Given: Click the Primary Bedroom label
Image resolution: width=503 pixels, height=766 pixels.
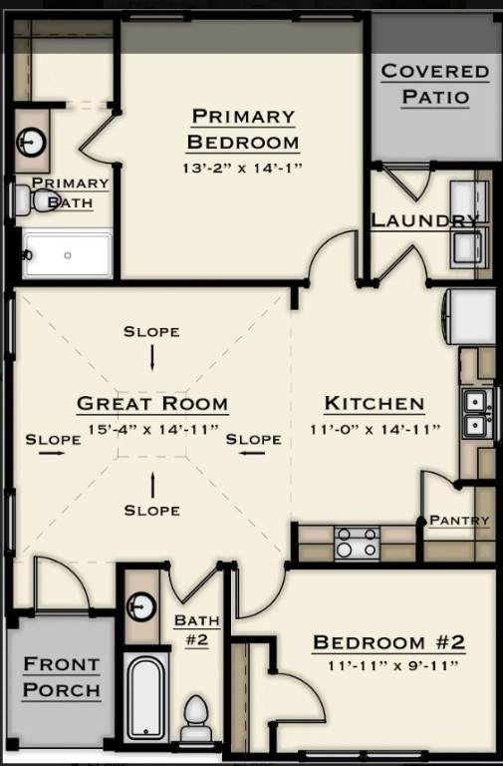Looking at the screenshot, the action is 242,129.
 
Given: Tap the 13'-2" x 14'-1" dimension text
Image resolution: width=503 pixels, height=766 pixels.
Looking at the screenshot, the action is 242,168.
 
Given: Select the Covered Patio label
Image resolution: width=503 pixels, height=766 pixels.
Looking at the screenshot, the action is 435,84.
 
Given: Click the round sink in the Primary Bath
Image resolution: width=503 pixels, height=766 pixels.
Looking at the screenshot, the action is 32,143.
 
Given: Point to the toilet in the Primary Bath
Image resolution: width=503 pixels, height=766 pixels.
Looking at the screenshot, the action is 35,199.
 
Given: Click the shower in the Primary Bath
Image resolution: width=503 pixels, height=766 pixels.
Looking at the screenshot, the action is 68,255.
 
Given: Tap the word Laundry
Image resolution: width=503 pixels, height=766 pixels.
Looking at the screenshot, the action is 424,220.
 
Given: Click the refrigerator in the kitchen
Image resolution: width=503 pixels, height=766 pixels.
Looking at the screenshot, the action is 469,316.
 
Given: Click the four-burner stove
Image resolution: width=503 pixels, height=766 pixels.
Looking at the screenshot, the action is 357,543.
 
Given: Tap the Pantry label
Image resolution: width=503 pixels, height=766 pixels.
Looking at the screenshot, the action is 459,521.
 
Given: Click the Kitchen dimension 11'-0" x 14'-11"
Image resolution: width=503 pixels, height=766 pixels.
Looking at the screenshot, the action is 376,430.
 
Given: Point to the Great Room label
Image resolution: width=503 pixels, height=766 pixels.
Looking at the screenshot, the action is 152,404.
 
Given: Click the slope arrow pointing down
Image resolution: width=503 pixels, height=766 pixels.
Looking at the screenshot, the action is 152,358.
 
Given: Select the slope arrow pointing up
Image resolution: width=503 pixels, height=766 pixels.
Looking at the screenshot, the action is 152,485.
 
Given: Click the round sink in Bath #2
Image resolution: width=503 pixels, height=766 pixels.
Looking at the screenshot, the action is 141,606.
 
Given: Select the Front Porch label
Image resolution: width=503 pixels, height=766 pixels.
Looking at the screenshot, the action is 62,677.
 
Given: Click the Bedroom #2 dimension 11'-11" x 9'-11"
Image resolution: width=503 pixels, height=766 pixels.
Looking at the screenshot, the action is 393,665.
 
